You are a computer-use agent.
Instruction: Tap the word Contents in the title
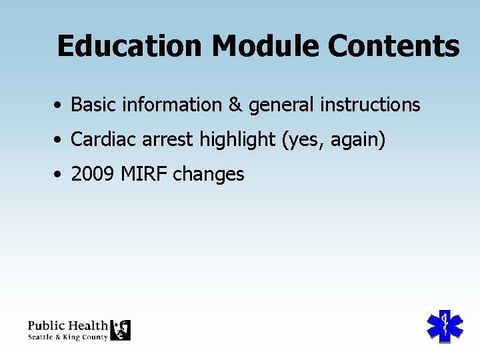pos(393,47)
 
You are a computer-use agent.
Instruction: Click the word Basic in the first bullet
pos(92,105)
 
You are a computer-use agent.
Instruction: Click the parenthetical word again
pos(356,141)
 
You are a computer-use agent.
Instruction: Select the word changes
pos(209,175)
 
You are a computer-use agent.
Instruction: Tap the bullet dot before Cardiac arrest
pos(60,141)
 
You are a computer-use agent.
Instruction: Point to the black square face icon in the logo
pos(121,330)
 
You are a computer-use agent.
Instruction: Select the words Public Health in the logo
pos(67,325)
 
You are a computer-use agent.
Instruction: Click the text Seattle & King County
pos(67,337)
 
